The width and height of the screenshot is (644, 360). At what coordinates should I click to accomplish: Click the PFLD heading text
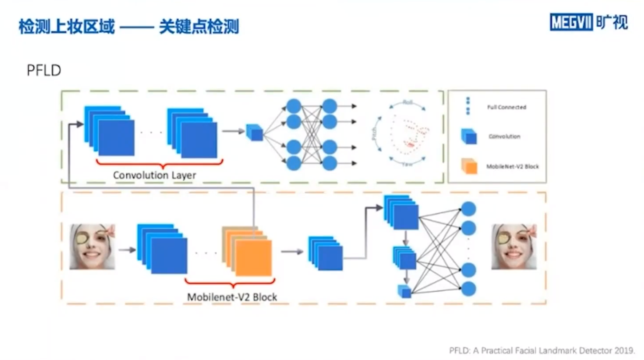click(44, 71)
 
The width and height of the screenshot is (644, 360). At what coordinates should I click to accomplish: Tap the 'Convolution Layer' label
click(154, 175)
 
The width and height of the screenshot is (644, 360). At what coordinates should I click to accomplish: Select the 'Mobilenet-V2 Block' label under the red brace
click(232, 297)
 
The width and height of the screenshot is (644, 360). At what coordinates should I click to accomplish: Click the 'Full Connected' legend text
click(506, 107)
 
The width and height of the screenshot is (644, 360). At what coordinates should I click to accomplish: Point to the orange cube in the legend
click(468, 166)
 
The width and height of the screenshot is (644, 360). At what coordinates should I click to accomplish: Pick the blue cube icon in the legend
click(468, 136)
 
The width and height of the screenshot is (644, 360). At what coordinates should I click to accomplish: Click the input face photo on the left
click(93, 247)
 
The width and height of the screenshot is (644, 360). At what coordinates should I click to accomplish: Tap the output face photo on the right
click(513, 247)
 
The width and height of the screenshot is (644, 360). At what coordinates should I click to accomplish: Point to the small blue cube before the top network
click(255, 132)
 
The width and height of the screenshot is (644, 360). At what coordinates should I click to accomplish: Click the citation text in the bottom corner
click(541, 351)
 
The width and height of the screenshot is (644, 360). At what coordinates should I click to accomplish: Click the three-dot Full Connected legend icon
click(468, 106)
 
